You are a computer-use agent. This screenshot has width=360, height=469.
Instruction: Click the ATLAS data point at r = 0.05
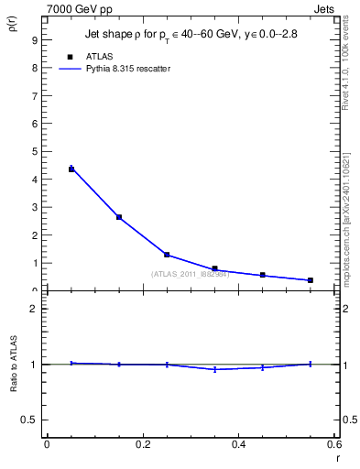(x=71, y=169)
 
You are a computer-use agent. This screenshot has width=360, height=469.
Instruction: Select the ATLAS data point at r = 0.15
(x=119, y=217)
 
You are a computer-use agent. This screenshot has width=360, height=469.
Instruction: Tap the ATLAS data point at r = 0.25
(x=167, y=255)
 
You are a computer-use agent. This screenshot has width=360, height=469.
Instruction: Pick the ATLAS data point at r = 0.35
(x=214, y=268)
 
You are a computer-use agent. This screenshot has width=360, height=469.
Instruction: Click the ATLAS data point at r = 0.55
(x=311, y=280)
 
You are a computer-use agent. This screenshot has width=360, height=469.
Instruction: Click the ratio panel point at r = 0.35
(x=214, y=369)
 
